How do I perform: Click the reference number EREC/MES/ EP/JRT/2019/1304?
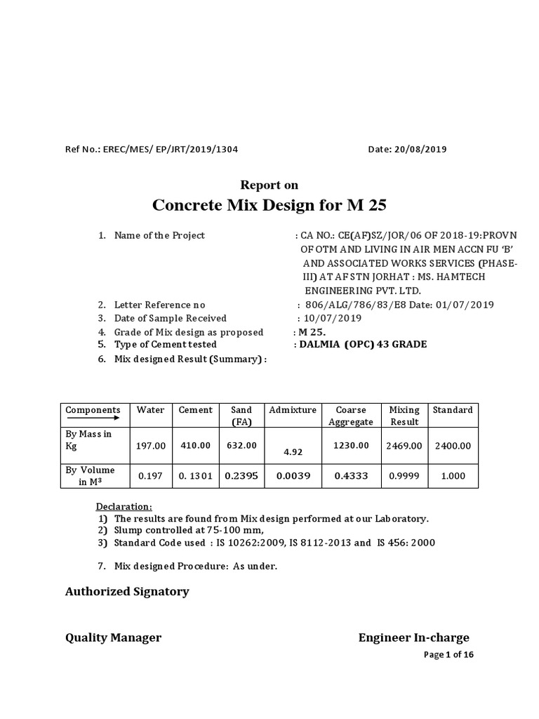click(175, 149)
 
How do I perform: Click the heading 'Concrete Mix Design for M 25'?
click(269, 206)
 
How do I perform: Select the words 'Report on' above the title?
click(269, 185)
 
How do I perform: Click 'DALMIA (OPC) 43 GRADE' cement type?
click(362, 344)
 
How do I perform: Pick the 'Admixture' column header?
click(293, 410)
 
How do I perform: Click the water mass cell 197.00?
click(152, 445)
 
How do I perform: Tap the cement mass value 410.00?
click(195, 445)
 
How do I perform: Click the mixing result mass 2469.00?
click(405, 445)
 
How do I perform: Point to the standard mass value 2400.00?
click(453, 445)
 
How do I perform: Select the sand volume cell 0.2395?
click(241, 475)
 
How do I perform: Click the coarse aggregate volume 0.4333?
click(350, 475)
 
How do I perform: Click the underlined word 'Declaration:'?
click(124, 507)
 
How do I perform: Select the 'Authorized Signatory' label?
click(127, 591)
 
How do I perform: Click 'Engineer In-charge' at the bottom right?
click(413, 638)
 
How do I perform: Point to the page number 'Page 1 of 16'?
click(449, 654)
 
